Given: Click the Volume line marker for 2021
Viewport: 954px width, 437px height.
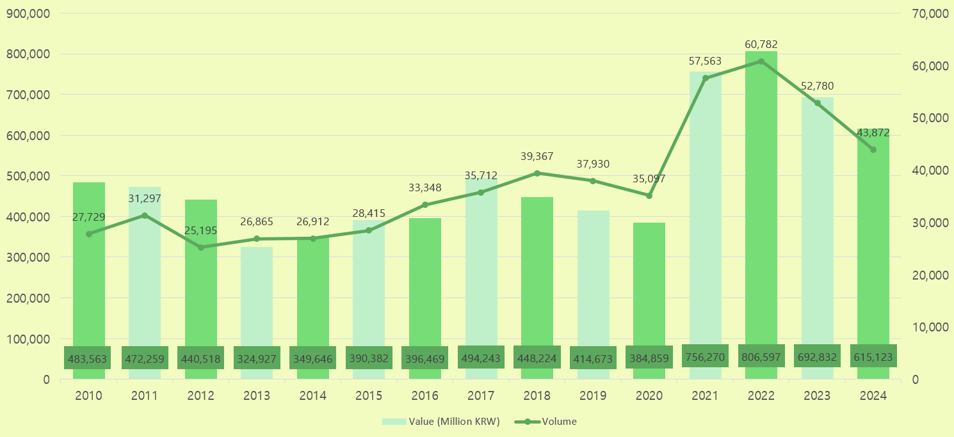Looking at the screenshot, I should coord(706,78).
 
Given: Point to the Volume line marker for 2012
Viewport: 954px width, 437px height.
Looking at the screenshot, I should coord(201,248).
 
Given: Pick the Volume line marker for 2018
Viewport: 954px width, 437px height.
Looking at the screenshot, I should coord(537,173).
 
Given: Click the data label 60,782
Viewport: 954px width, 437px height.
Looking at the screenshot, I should coord(761,45).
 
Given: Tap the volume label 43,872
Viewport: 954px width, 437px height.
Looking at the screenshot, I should coord(873,132).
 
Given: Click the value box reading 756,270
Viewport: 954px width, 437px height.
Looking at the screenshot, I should coord(705,356).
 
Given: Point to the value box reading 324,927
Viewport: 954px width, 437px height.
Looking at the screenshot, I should coord(257,358).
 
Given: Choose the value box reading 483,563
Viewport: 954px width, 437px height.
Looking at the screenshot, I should coord(89,358).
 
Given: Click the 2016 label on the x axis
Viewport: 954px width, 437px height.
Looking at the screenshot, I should coord(425,396).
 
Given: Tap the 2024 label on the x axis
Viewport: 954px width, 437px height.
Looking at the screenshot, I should coord(873,396).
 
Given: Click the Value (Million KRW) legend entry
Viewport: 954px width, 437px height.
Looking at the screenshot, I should coord(441,422).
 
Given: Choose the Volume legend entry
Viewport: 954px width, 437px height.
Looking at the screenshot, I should coord(546,422).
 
